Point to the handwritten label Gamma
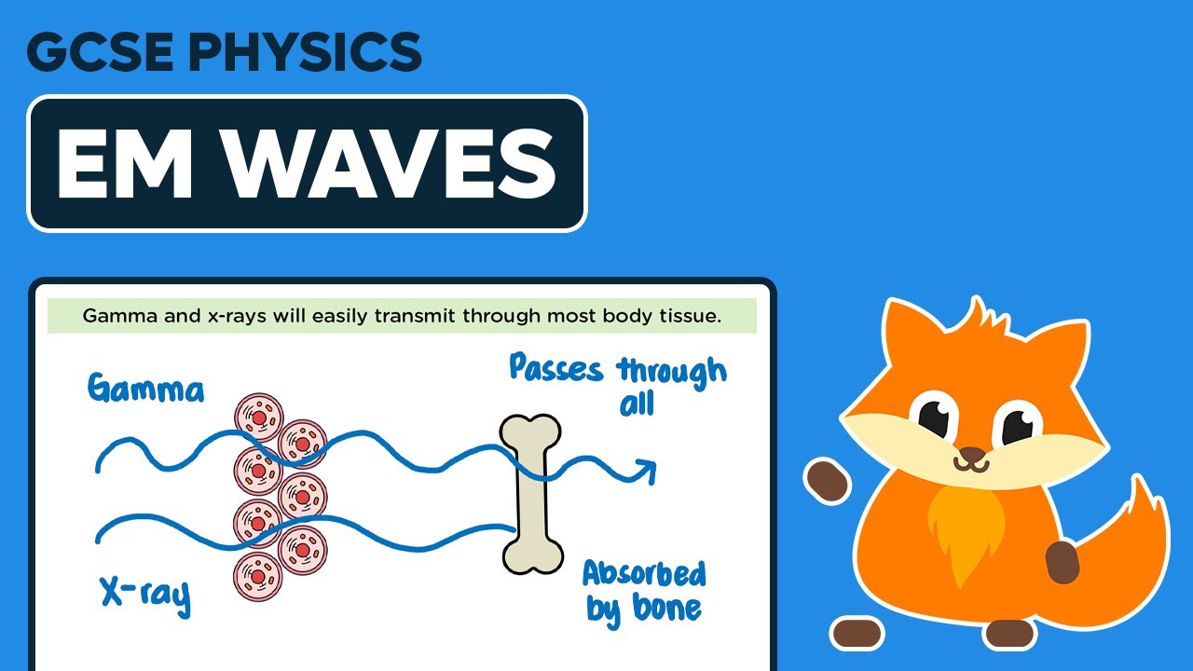[x=145, y=387]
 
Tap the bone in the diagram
[x=531, y=493]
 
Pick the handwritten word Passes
[x=557, y=368]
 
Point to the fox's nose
[x=970, y=456]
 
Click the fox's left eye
[x=935, y=418]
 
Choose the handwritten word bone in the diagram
[x=665, y=609]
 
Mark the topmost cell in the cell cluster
[x=258, y=416]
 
